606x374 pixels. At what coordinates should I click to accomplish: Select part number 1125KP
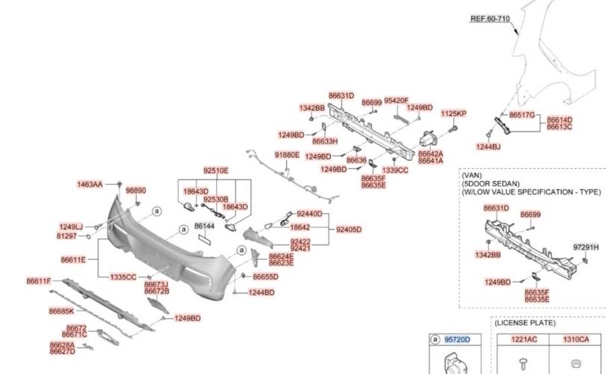(453, 114)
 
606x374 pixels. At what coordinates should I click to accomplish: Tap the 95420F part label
(397, 100)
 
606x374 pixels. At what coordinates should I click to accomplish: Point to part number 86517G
(522, 115)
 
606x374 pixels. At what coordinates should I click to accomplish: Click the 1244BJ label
(489, 147)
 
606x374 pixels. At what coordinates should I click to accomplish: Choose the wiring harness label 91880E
(287, 155)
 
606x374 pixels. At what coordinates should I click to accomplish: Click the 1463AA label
(90, 184)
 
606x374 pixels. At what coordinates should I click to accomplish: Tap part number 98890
(135, 191)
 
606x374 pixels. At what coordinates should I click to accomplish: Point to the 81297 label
(67, 236)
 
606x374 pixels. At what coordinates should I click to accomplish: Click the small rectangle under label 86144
(204, 239)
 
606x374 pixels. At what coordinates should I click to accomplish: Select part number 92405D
(348, 230)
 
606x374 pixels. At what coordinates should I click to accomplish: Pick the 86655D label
(265, 277)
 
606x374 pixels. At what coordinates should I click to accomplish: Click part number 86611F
(39, 281)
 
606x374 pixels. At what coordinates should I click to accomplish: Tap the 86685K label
(61, 310)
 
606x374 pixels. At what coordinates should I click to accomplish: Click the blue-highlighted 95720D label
(457, 340)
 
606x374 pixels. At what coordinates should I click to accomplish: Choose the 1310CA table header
(576, 340)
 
